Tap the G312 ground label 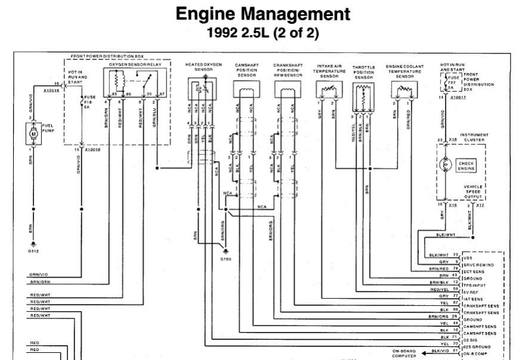33,252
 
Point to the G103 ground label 225,259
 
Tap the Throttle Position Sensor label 363,72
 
